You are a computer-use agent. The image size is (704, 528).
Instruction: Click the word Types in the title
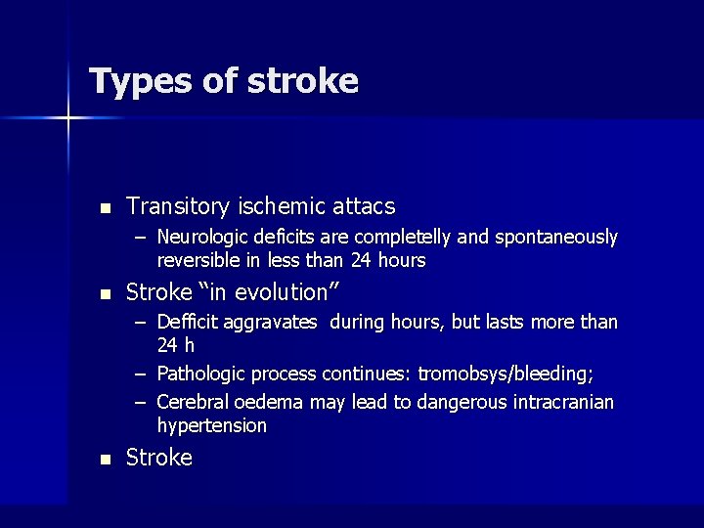[x=139, y=81]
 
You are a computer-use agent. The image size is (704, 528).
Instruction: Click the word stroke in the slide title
[x=303, y=80]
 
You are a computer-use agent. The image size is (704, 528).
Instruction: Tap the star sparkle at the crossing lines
[x=68, y=119]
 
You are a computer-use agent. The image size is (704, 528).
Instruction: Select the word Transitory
[x=178, y=206]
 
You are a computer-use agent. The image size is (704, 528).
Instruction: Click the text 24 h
[x=176, y=346]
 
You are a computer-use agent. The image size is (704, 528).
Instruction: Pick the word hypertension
[x=211, y=426]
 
